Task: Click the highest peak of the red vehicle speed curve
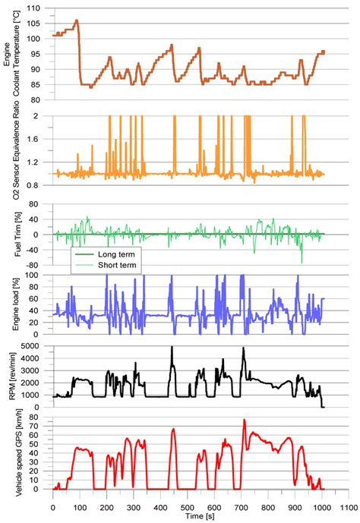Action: pos(244,420)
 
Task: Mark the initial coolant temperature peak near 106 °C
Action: pos(77,20)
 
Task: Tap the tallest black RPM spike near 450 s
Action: pos(172,348)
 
